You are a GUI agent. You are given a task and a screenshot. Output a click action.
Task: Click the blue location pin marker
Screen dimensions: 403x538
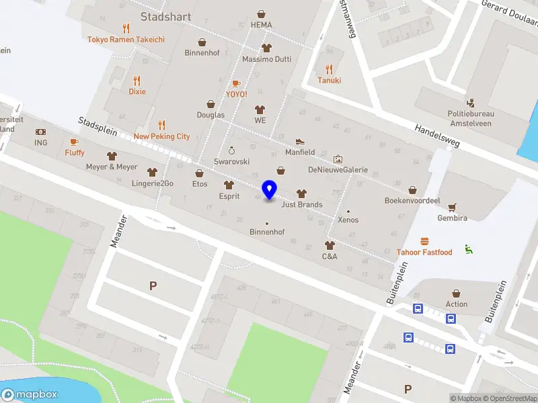[x=270, y=190]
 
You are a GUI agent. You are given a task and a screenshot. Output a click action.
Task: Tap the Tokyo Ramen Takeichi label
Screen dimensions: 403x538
[x=126, y=40]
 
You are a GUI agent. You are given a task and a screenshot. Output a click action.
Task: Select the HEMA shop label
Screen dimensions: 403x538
[x=261, y=25]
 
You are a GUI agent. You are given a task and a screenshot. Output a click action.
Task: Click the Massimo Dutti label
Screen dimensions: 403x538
[x=266, y=59]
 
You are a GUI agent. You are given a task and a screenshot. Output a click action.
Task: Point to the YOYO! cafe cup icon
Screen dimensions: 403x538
[x=236, y=83]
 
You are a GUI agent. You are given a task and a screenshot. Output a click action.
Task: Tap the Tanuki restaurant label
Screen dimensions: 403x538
[x=329, y=81]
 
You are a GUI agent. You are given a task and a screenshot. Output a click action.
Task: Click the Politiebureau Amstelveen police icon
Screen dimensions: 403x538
[x=470, y=103]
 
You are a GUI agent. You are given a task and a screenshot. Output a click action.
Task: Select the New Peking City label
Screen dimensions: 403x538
[x=161, y=136]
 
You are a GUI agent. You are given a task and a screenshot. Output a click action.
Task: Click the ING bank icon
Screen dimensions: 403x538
[x=41, y=132]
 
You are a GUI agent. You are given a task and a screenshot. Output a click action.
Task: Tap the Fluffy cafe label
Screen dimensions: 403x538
[x=75, y=152]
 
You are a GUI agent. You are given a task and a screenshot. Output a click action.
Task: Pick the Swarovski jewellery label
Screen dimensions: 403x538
[x=231, y=162]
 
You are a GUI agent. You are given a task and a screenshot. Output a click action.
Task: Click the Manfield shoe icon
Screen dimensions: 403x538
[x=300, y=141]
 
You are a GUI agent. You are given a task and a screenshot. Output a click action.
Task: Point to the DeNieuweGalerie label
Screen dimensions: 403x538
[x=338, y=170]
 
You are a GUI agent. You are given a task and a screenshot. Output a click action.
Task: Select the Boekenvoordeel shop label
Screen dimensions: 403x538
[x=412, y=201]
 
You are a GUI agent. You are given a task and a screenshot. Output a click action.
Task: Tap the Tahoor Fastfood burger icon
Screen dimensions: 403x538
[x=424, y=241]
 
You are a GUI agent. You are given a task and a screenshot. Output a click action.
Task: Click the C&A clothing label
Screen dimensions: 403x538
[x=330, y=256]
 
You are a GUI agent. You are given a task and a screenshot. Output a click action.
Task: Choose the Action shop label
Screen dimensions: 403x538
[x=456, y=304]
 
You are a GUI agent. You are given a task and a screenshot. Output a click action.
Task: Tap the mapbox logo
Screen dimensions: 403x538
[x=30, y=395]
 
